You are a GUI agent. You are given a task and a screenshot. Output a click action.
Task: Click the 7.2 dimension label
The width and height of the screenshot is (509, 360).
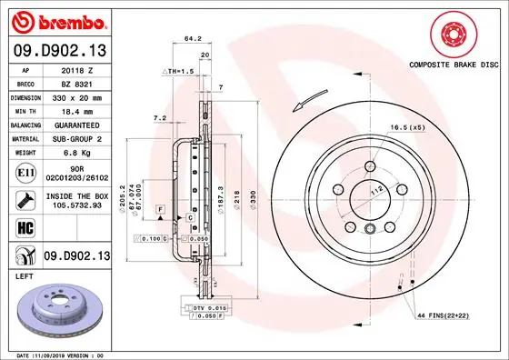click(x=159, y=118)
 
